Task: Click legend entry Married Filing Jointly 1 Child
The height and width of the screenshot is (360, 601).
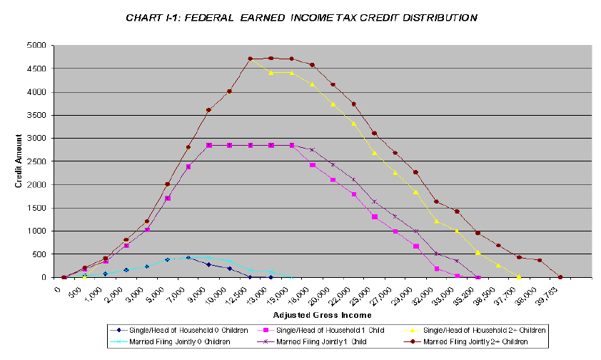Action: point(325,341)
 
